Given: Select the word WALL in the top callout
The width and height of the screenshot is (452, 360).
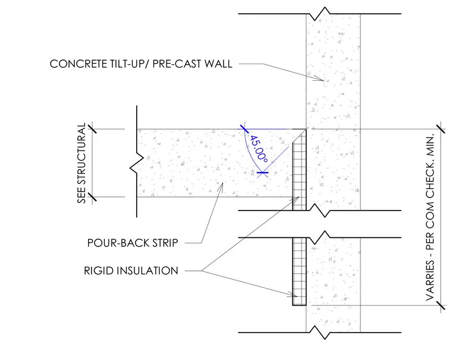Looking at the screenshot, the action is click(x=218, y=64).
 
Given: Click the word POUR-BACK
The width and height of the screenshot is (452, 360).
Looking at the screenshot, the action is click(x=118, y=243).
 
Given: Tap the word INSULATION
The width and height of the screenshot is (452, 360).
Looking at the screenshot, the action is click(x=147, y=271).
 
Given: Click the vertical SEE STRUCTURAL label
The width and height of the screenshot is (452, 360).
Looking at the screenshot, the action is click(x=82, y=163).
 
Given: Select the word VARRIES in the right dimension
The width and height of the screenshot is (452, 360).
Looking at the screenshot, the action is click(x=430, y=280).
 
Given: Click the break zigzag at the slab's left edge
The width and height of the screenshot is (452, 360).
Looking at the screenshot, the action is click(x=137, y=163).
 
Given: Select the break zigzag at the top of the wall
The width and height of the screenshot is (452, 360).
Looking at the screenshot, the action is click(x=320, y=14).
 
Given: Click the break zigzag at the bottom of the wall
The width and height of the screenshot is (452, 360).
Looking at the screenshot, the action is click(x=320, y=332).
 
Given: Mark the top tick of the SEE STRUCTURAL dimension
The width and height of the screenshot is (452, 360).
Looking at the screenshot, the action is click(x=92, y=127).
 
